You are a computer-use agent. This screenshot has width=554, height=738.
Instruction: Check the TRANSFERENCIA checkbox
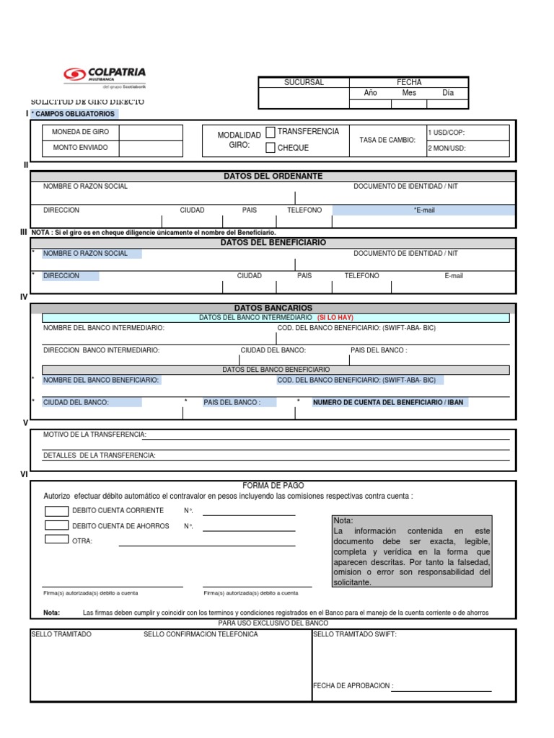click(x=271, y=132)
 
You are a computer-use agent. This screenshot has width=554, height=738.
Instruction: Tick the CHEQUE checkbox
click(x=271, y=148)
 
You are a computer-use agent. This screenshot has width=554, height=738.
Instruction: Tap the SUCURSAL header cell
click(x=304, y=82)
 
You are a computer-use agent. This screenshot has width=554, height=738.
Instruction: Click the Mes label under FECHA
click(x=409, y=93)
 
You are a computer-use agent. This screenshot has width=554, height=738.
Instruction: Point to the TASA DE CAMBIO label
click(x=387, y=140)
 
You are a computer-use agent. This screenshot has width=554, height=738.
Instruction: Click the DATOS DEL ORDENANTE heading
click(x=273, y=177)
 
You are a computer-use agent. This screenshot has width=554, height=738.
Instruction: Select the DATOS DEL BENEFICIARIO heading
click(x=273, y=243)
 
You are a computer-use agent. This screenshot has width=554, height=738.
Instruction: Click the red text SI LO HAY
click(x=335, y=318)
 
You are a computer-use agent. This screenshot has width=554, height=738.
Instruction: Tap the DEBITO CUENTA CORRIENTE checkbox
click(x=56, y=511)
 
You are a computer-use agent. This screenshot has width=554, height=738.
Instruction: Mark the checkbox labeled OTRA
click(x=56, y=539)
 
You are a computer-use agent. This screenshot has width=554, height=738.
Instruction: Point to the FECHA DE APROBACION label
click(x=353, y=686)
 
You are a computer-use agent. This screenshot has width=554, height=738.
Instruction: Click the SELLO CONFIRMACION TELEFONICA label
click(x=195, y=634)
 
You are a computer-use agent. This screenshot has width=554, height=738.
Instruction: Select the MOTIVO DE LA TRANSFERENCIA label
click(x=94, y=435)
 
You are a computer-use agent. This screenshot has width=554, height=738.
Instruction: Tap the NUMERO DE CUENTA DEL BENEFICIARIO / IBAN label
click(x=387, y=402)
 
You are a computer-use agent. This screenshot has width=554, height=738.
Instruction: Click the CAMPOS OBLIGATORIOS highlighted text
click(x=74, y=114)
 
